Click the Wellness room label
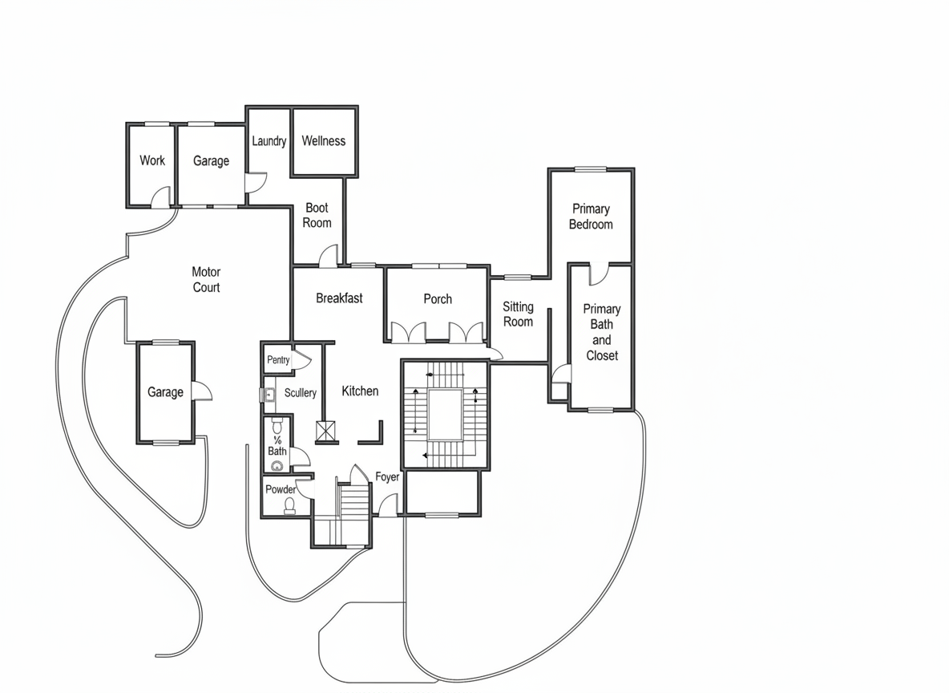(324, 141)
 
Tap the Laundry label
(269, 141)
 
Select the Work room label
(152, 160)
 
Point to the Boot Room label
(317, 215)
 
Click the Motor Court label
(206, 279)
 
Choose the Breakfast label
(339, 298)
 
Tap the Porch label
(438, 298)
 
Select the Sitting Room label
(518, 314)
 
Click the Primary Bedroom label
(591, 217)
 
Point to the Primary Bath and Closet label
(602, 332)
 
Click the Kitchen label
(360, 391)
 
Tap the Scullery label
(301, 392)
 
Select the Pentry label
(278, 360)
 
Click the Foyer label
(387, 476)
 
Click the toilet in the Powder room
(290, 505)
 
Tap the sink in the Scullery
(269, 395)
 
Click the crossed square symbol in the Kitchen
(325, 431)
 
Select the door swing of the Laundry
(256, 183)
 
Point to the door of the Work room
(161, 197)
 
